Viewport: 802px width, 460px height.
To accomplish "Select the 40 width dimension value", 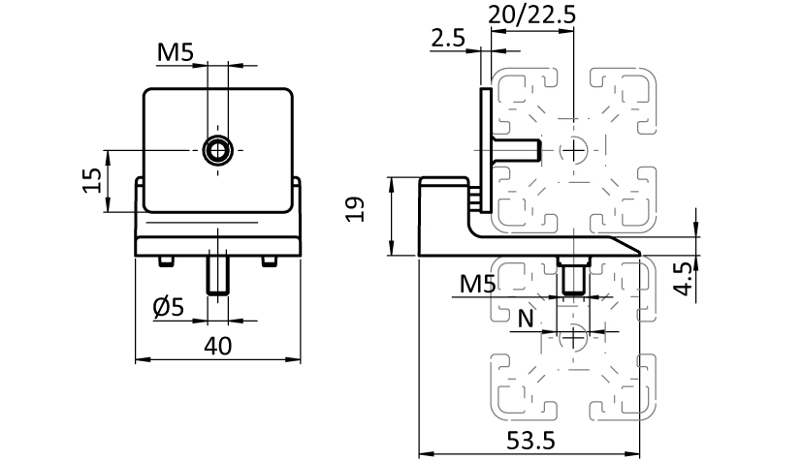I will pos(218,346).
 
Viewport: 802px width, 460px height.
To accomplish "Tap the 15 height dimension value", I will pos(92,181).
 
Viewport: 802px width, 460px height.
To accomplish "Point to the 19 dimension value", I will pos(355,209).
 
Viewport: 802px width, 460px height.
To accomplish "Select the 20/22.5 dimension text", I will pos(531,15).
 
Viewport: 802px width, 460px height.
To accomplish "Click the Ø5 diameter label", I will pos(169,307).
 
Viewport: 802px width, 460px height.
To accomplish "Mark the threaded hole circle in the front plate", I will pos(217,149).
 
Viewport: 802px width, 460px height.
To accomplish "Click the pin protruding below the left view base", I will pos(218,275).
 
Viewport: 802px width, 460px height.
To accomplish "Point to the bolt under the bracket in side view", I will pos(571,275).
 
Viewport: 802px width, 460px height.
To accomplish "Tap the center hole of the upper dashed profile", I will pos(579,149).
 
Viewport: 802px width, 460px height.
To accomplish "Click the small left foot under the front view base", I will pos(165,261).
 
